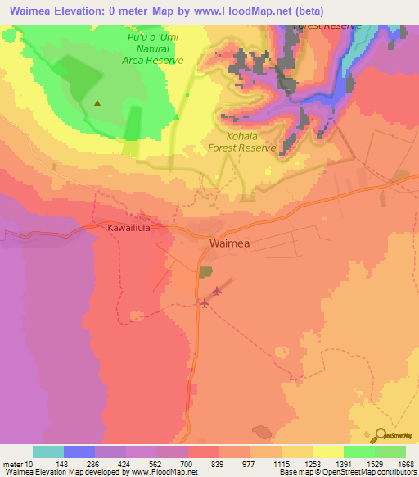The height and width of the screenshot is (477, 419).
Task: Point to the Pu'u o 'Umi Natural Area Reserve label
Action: coord(156,49)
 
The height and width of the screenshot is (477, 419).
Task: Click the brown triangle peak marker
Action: coord(98,103)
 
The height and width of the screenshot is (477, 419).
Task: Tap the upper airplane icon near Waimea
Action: coord(217,291)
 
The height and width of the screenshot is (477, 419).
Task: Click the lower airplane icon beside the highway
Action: coord(204,305)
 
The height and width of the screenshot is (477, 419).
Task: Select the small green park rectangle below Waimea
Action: coord(205,271)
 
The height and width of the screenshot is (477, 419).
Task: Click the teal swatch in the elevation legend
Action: coord(48,452)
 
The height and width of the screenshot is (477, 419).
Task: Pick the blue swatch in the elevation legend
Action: coord(79,452)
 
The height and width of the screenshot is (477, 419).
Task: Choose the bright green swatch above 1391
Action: coord(358,452)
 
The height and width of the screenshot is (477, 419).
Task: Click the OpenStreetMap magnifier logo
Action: coord(381,436)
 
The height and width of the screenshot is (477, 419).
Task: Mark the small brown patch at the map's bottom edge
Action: coord(262,431)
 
